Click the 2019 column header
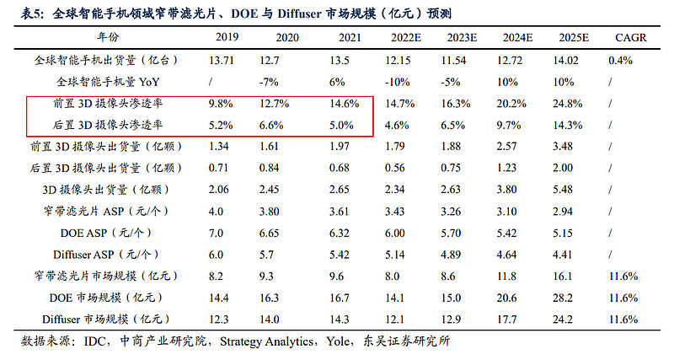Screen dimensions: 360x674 click(x=227, y=39)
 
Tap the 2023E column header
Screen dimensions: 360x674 click(x=468, y=39)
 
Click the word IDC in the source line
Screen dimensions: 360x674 click(x=94, y=341)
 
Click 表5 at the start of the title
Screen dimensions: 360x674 click(x=32, y=12)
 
